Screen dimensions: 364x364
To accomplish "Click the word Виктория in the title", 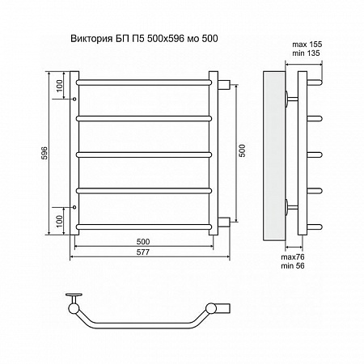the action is pyautogui.click(x=91, y=39).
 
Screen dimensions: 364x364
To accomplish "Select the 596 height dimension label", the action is pyautogui.click(x=44, y=153).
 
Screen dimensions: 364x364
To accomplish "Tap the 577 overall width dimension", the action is pyautogui.click(x=142, y=252).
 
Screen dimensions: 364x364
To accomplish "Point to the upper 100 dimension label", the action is pyautogui.click(x=59, y=86).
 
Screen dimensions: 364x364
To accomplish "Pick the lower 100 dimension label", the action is pyautogui.click(x=59, y=221).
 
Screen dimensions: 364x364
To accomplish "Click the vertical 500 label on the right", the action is pyautogui.click(x=243, y=150).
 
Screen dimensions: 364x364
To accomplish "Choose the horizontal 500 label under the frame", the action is pyautogui.click(x=143, y=242).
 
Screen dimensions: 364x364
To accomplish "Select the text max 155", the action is pyautogui.click(x=307, y=44).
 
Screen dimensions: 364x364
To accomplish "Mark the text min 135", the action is pyautogui.click(x=306, y=53).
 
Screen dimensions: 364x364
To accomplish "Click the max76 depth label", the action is pyautogui.click(x=293, y=257).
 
